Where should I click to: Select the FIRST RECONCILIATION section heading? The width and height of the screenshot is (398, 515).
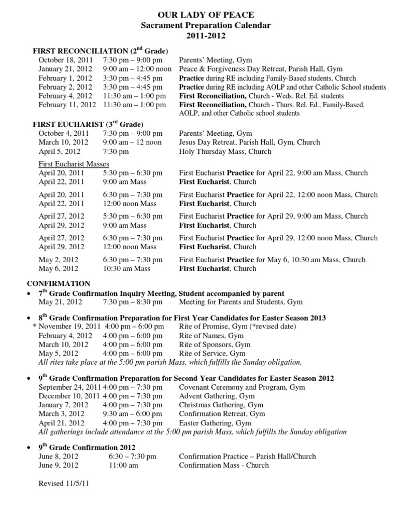point(100,51)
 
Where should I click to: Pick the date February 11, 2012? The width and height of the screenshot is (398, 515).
point(68,104)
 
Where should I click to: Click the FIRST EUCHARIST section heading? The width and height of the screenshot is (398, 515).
point(88,124)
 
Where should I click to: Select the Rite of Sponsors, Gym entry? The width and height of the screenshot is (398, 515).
point(215,344)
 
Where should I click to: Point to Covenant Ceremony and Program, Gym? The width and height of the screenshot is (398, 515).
point(241,387)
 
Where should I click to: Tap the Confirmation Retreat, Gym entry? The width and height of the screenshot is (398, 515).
point(222,413)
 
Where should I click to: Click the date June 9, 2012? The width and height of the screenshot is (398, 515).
point(59,465)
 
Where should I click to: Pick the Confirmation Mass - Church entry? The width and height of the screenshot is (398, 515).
point(224,465)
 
